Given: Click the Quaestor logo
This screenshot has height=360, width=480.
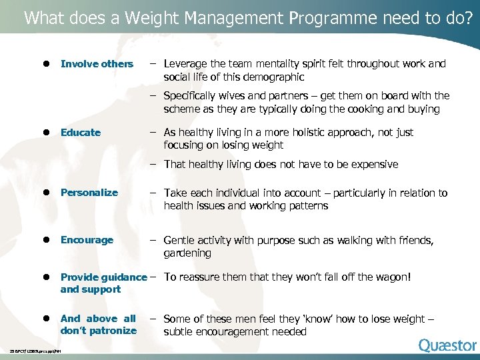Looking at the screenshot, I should coord(447,345).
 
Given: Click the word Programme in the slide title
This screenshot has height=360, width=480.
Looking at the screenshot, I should coord(334,17).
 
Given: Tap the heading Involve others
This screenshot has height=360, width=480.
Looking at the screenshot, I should coord(97,64).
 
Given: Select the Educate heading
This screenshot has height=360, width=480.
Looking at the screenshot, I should coord(81,133).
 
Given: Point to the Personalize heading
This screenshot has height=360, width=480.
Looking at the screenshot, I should coord(89,193).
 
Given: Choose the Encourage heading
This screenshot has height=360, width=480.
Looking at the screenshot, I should coord(87,240).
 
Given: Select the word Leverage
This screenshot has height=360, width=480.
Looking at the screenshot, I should coord(187,64).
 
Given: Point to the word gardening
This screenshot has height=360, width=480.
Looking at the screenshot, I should coord(187,253).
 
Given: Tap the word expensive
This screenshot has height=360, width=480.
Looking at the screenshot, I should coord(373,164).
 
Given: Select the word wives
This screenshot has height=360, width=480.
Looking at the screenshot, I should coord(234,95).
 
